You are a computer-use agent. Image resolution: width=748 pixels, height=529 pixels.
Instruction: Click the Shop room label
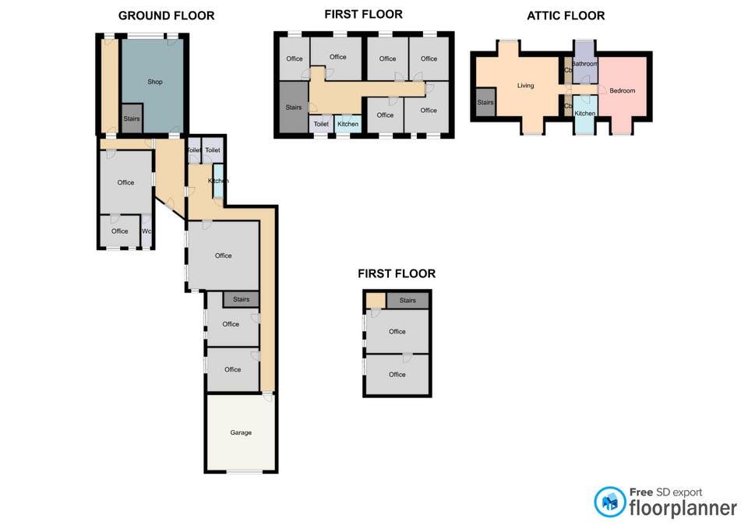coord(154,82)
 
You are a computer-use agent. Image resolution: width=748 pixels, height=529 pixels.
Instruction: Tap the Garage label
coord(241,432)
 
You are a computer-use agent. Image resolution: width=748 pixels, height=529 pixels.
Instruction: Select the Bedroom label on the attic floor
coord(622,90)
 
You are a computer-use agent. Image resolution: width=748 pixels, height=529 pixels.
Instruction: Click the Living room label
coord(525,86)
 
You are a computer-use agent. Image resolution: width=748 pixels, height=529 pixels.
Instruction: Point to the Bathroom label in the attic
coord(585,64)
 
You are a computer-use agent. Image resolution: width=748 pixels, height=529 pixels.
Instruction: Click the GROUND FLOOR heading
coord(167,16)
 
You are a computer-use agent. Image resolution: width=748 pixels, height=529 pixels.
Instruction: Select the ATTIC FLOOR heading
coord(566,16)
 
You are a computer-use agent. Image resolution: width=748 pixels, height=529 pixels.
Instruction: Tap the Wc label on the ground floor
coord(146,231)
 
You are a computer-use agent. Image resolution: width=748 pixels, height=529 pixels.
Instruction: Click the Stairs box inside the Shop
coord(132,118)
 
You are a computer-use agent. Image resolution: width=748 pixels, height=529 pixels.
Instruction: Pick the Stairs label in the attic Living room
coord(485,103)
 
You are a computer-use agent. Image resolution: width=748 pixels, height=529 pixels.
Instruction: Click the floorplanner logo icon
coord(609,502)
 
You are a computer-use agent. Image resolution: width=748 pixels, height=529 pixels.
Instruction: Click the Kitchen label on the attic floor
coord(585,114)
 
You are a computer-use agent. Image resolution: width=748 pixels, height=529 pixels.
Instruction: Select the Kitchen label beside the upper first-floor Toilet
coord(348,124)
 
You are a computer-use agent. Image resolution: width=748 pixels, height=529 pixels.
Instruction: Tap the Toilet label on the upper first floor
coord(321,124)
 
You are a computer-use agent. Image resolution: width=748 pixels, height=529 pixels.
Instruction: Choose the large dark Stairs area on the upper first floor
coord(294,107)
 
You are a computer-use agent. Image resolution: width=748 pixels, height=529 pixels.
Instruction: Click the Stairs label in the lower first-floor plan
coord(408,301)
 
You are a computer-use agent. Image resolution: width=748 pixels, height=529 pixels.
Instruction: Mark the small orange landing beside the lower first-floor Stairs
coord(376,301)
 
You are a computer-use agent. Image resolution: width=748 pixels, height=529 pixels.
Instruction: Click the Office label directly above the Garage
coord(232,370)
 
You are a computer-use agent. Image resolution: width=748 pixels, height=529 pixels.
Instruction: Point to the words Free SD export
coord(665,492)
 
